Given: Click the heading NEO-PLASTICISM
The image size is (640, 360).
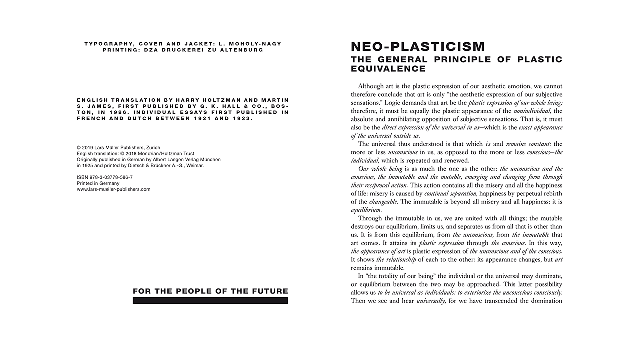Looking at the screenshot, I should click(418, 47).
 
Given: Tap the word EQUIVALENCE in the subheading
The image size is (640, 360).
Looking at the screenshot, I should click(388, 69).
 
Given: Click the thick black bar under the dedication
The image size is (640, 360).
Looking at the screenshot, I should click(210, 301).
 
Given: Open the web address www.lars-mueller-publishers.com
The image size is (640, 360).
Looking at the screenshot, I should click(113, 189).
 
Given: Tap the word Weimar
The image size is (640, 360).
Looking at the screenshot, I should click(193, 165).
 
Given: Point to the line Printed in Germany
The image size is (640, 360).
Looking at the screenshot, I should click(98, 183).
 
